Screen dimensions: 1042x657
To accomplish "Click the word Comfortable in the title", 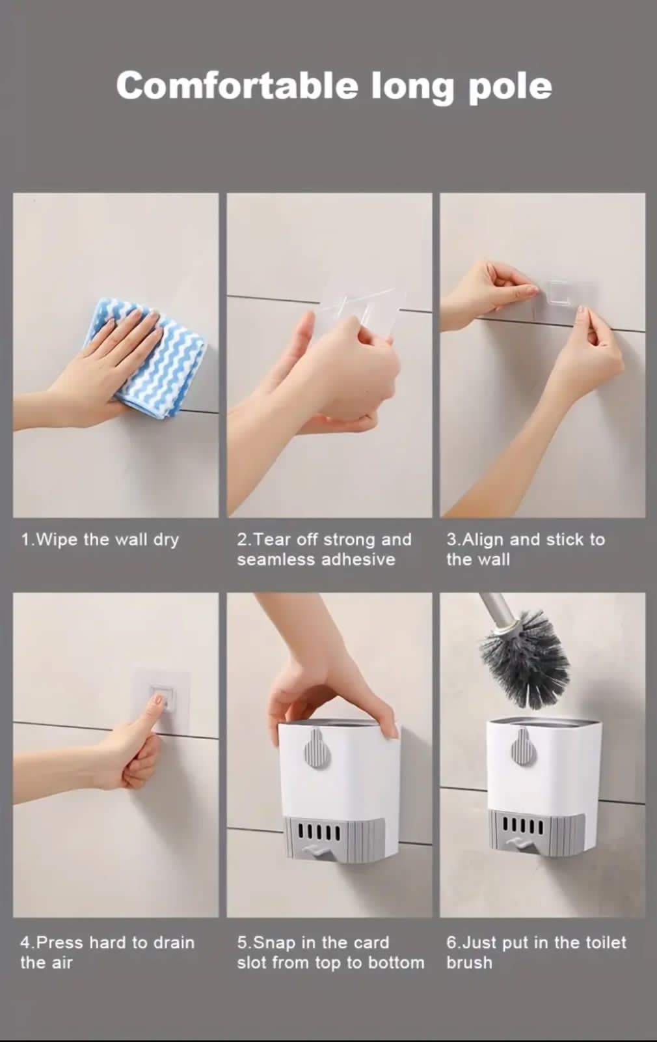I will pyautogui.click(x=237, y=86).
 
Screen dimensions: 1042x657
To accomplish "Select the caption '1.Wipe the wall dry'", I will pyautogui.click(x=100, y=539).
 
